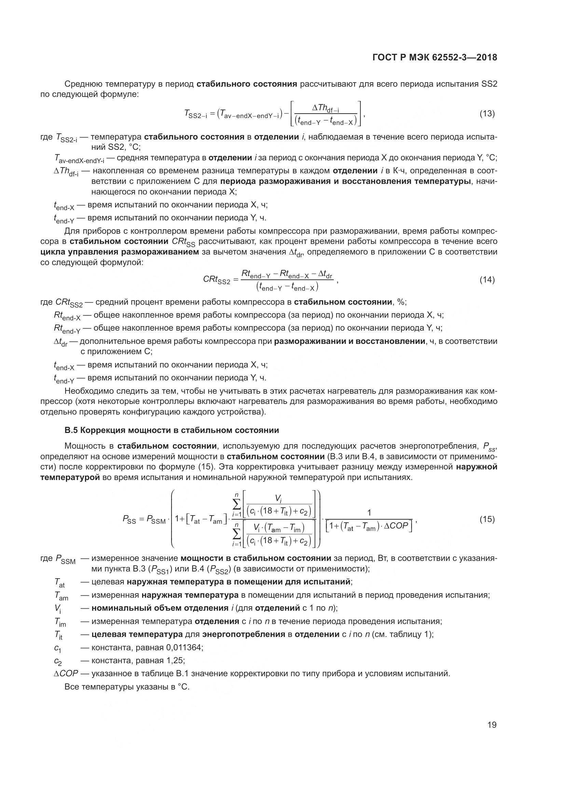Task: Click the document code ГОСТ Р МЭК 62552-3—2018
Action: click(x=435, y=58)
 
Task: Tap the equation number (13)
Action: click(x=487, y=114)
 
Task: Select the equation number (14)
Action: click(x=487, y=279)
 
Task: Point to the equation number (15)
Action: click(x=487, y=519)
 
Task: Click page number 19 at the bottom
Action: click(x=492, y=725)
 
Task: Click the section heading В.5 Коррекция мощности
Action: click(x=172, y=430)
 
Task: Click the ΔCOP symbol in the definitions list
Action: click(x=66, y=673)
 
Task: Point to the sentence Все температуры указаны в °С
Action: click(x=127, y=687)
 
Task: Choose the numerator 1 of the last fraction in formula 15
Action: click(x=369, y=512)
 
